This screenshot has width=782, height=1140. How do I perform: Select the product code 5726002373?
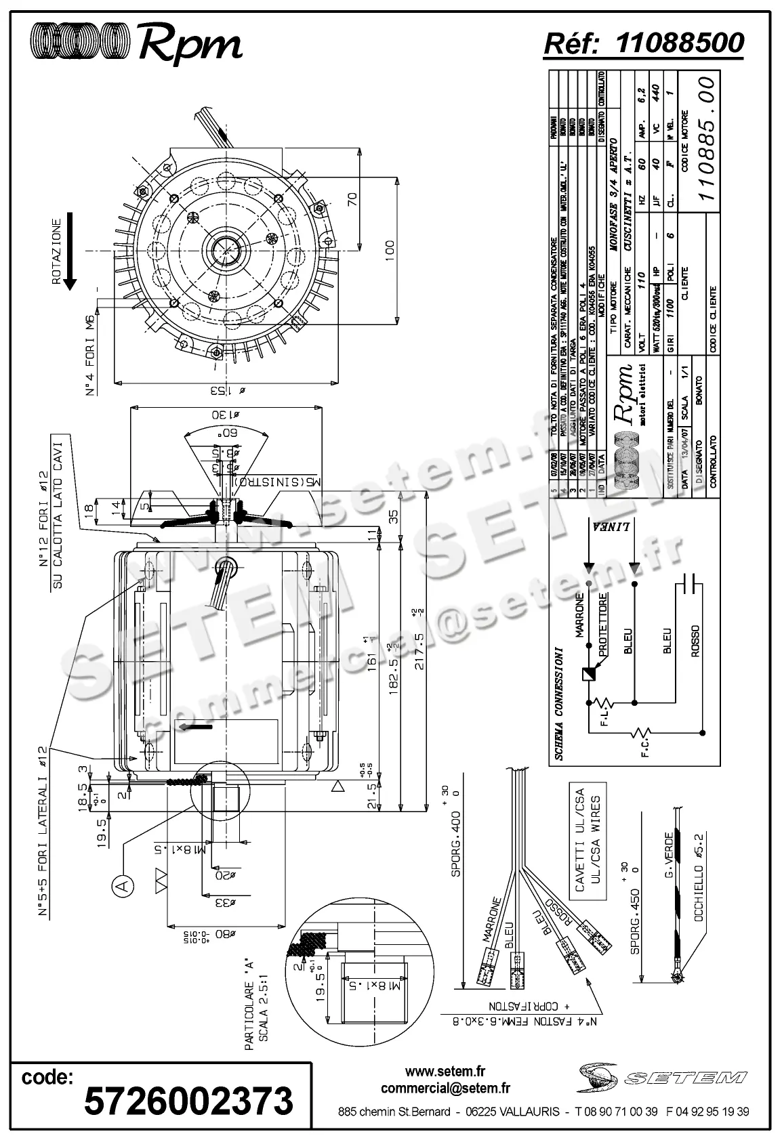click(x=188, y=1100)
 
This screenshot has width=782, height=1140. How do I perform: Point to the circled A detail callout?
click(x=123, y=885)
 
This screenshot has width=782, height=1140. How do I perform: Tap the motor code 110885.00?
click(x=707, y=138)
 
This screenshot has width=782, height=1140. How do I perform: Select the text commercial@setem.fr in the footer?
click(x=445, y=1089)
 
